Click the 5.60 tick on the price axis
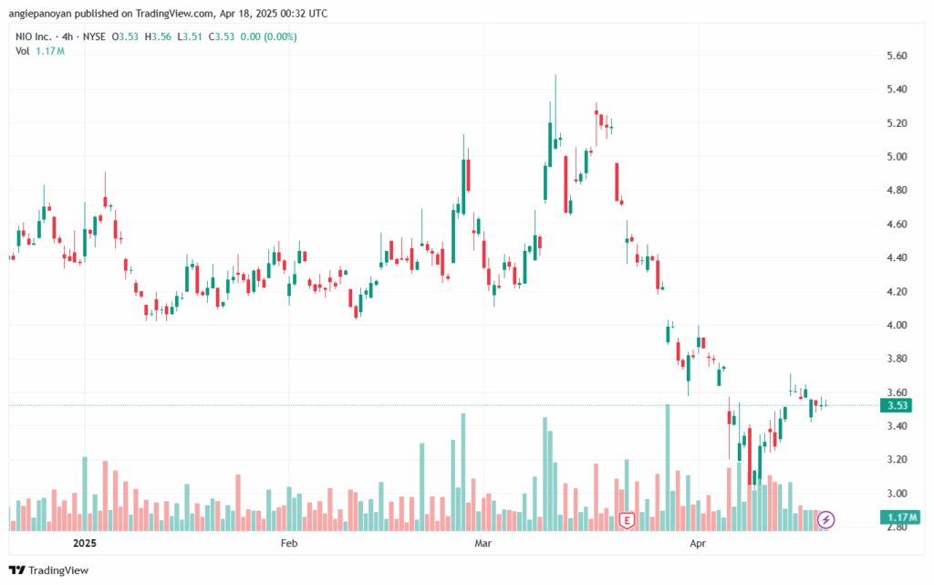pos(897,56)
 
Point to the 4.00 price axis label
pos(897,325)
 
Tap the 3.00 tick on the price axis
pos(897,493)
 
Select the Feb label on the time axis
pos(289,543)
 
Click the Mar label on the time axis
pos(483,543)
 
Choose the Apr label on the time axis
pos(698,543)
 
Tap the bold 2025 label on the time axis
pos(85,543)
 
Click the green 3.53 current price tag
pos(897,406)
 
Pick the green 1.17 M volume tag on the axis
pos(899,517)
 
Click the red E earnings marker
pos(626,520)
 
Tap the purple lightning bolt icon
pos(825,519)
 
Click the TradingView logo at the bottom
pos(49,570)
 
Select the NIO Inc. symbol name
pos(34,37)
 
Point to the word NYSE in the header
pos(94,37)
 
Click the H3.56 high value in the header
pos(158,37)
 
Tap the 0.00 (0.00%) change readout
pos(269,37)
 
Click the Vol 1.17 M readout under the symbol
pos(40,51)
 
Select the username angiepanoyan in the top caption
pos(38,14)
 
